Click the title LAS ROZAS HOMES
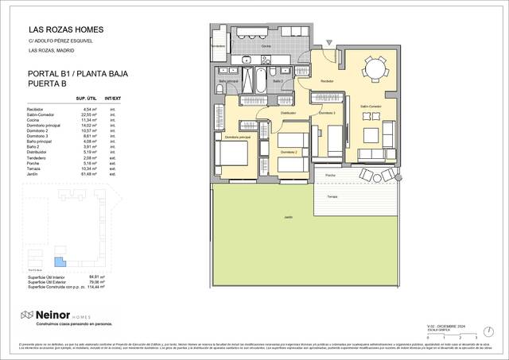coord(66,30)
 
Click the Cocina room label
coord(266,46)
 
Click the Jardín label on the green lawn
coord(278,217)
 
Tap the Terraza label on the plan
coord(332,195)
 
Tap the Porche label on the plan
coord(329,175)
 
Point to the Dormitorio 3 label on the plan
coord(327,113)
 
